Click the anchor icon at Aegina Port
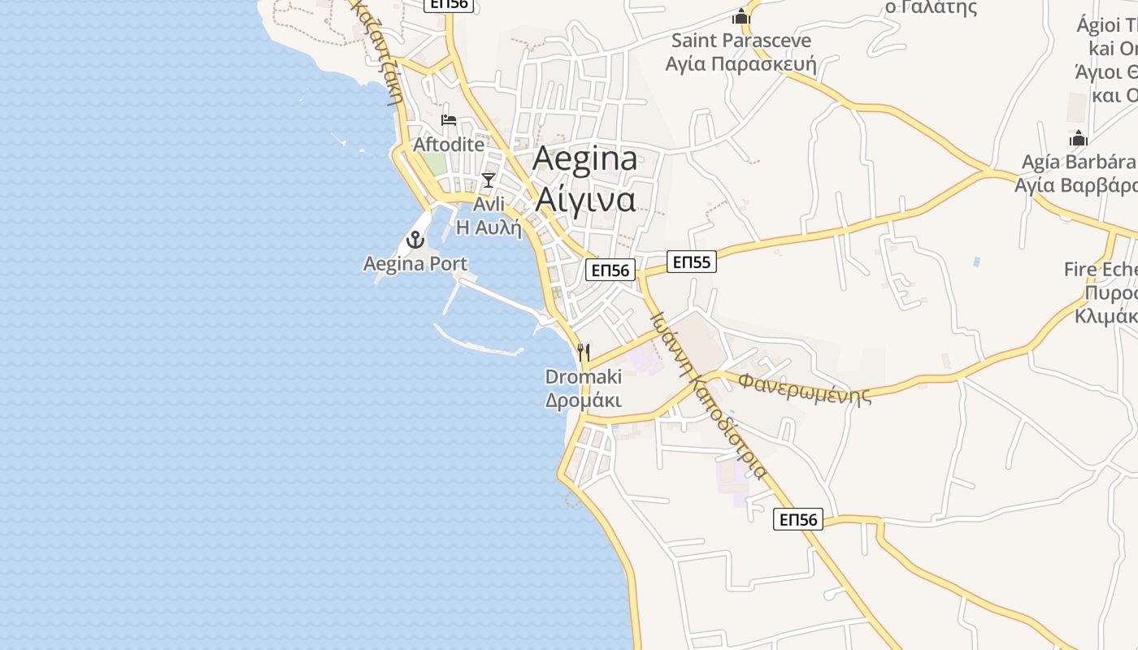tap(415, 240)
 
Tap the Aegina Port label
tap(415, 264)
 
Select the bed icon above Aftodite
tap(449, 121)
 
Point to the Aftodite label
tap(449, 145)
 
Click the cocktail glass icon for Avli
tap(488, 180)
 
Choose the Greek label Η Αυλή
tap(489, 227)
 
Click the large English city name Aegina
tap(584, 159)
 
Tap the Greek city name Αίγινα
tap(584, 199)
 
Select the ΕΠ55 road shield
tap(692, 262)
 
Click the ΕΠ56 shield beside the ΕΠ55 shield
tap(610, 271)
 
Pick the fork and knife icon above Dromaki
tap(583, 353)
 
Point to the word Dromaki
tap(583, 377)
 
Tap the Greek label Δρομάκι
tap(583, 401)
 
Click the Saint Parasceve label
tap(741, 40)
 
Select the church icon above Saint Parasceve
tap(741, 16)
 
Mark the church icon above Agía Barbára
tap(1079, 138)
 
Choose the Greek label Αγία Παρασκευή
tap(741, 63)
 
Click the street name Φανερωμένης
tap(805, 388)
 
